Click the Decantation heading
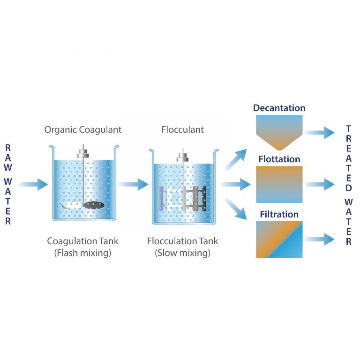[x=279, y=108]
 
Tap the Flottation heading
[x=279, y=159]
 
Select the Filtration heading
[x=279, y=215]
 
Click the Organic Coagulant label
[x=83, y=129]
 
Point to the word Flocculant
[x=182, y=129]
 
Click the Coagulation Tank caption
[x=83, y=241]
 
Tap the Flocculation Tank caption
[x=182, y=241]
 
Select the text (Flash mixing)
[x=83, y=254]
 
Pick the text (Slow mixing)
[x=182, y=254]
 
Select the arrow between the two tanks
[x=134, y=184]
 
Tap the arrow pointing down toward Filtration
[x=237, y=209]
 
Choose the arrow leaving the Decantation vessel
[x=320, y=133]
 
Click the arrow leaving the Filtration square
[x=320, y=239]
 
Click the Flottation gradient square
[x=279, y=184]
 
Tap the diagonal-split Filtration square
[x=279, y=239]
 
